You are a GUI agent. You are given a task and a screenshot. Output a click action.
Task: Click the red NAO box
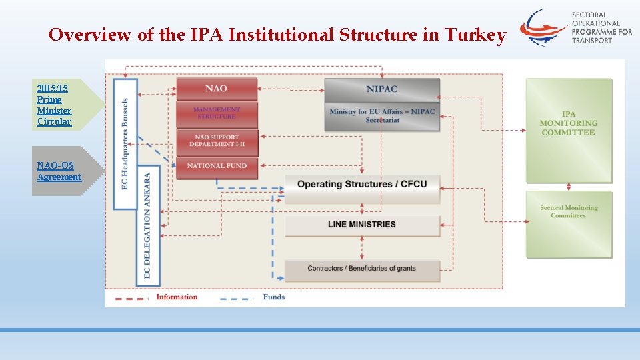tap(216, 89)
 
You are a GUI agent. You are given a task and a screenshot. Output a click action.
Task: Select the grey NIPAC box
tap(382, 89)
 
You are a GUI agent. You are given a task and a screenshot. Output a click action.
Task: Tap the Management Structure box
tap(216, 113)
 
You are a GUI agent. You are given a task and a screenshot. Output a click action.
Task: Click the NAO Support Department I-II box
tap(216, 141)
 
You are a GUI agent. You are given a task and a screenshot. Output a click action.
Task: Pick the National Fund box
tap(216, 166)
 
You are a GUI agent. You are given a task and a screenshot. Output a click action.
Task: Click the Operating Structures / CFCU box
tap(362, 185)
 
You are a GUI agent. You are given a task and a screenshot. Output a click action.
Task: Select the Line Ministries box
tap(362, 225)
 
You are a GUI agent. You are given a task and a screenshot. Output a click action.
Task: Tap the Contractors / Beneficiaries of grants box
tap(362, 269)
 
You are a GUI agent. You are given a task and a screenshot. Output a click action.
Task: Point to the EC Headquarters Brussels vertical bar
tap(125, 143)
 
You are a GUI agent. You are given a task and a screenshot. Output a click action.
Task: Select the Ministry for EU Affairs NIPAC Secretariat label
tap(382, 116)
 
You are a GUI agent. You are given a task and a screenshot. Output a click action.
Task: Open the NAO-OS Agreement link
tap(59, 171)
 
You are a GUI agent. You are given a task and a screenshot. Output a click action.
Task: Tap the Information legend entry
tap(177, 297)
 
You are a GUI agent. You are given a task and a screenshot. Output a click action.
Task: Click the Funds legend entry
tap(273, 297)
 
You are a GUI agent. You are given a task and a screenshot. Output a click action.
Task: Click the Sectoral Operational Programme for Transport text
tap(602, 27)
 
